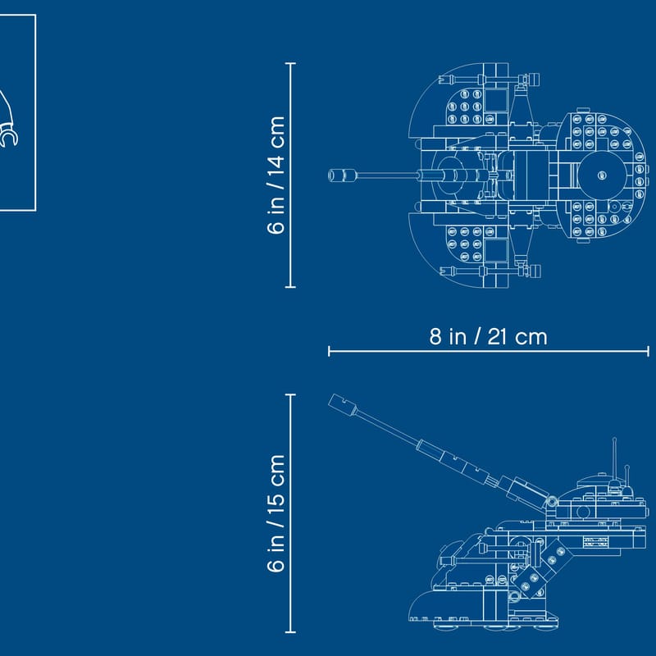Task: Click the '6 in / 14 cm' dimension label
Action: [x=276, y=175]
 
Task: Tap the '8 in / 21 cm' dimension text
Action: [x=488, y=337]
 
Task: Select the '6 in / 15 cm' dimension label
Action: [x=276, y=513]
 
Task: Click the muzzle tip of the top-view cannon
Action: [x=330, y=175]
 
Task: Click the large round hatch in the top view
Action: [x=602, y=175]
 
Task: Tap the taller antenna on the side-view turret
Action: [x=614, y=459]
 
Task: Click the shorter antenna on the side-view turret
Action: [x=626, y=476]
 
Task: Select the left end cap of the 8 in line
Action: [x=329, y=351]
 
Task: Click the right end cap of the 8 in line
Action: [x=648, y=351]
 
